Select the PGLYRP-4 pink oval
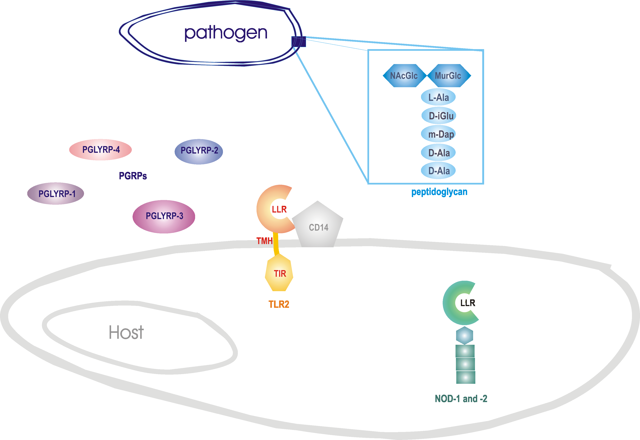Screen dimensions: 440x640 point(101,150)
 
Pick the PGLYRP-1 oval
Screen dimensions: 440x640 point(56,193)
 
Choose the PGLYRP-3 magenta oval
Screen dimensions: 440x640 point(164,216)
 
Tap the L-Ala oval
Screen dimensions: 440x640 point(438,97)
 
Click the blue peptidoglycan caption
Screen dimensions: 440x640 point(439,192)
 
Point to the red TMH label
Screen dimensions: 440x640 point(264,241)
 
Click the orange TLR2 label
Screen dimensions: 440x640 point(279,304)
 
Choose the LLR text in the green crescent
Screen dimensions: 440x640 point(467,303)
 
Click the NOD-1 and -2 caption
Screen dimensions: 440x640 point(461,399)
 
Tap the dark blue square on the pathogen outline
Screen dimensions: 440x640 point(299,42)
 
